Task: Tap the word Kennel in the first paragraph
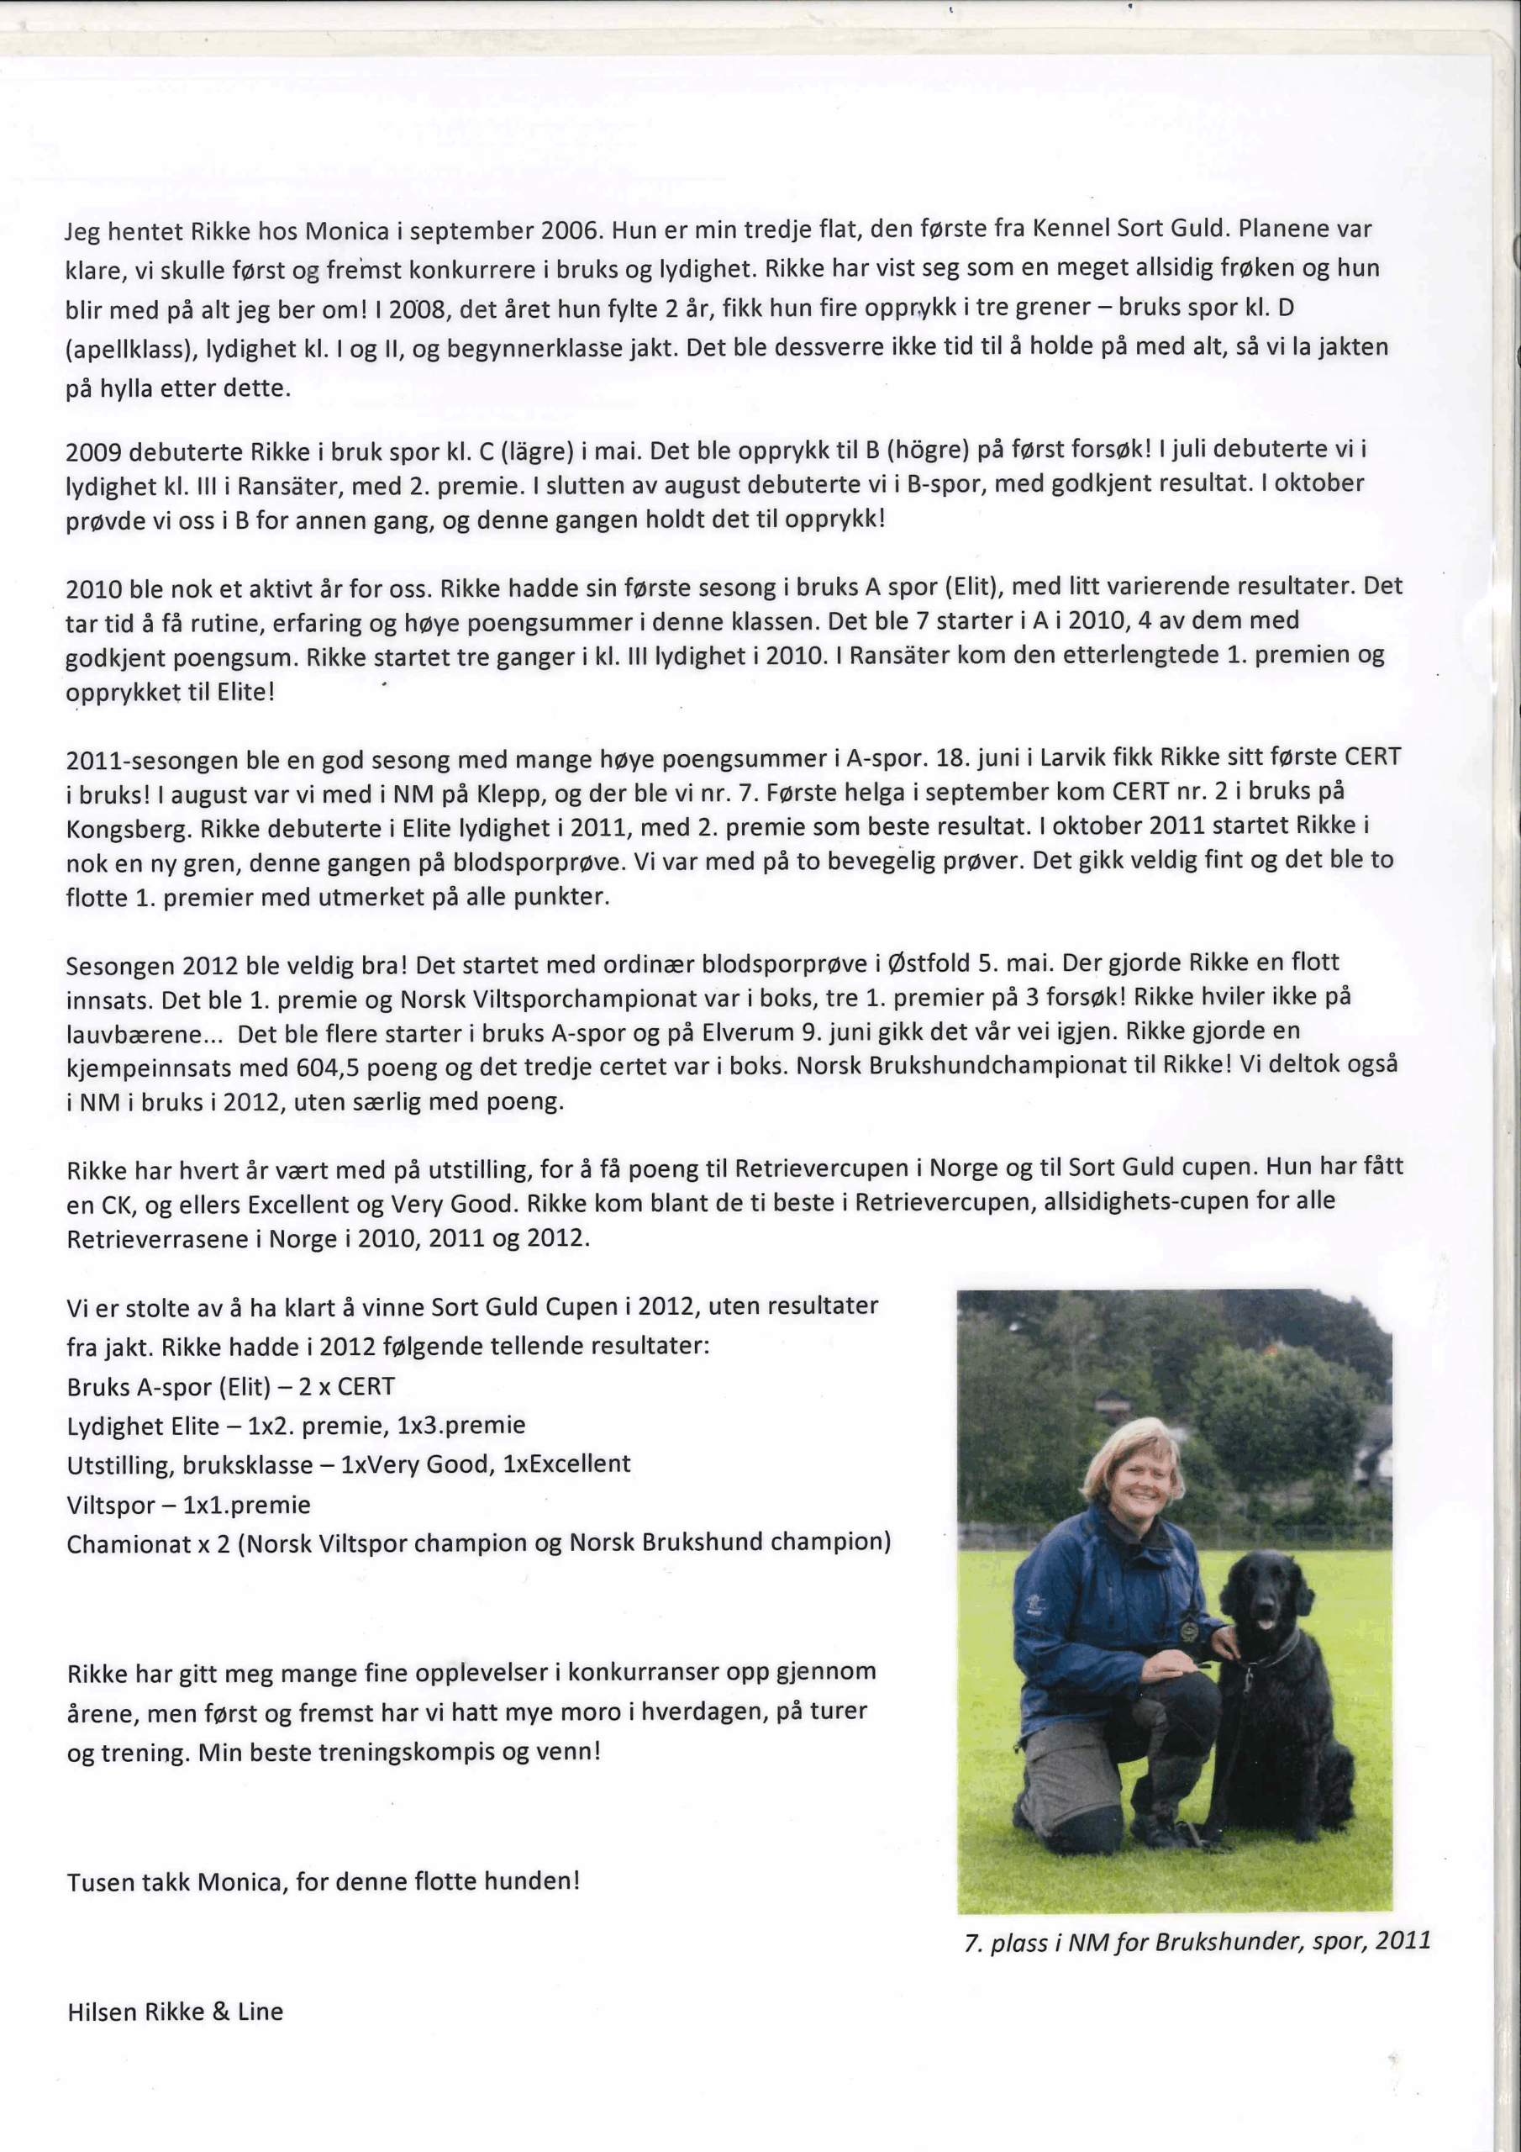click(x=1071, y=229)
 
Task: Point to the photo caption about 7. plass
click(x=1197, y=1942)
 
